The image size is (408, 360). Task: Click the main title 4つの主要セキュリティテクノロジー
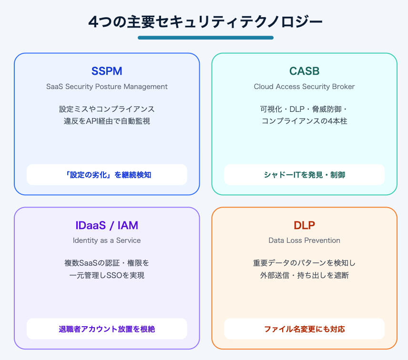(205, 22)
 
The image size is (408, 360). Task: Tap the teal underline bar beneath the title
(205, 38)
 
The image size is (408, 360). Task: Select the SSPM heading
(107, 71)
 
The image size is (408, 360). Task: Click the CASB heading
(304, 71)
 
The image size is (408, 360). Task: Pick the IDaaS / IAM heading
(107, 225)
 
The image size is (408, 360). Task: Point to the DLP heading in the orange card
(304, 225)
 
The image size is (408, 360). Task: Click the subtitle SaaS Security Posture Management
(107, 87)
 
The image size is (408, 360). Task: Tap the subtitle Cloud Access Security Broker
(304, 87)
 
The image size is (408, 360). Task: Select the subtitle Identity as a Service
(107, 240)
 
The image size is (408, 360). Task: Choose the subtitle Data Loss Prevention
(304, 240)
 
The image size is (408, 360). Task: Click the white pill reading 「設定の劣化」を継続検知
(107, 175)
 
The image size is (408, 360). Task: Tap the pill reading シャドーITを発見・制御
(304, 175)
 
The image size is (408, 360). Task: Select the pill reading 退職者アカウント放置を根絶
(107, 329)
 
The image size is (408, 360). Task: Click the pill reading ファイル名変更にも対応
(304, 329)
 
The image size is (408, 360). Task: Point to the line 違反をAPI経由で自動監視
(107, 121)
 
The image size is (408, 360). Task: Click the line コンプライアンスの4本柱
(304, 121)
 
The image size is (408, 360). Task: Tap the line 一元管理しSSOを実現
(107, 275)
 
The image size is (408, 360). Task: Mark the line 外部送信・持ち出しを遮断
(304, 275)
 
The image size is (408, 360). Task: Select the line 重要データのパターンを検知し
(304, 263)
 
